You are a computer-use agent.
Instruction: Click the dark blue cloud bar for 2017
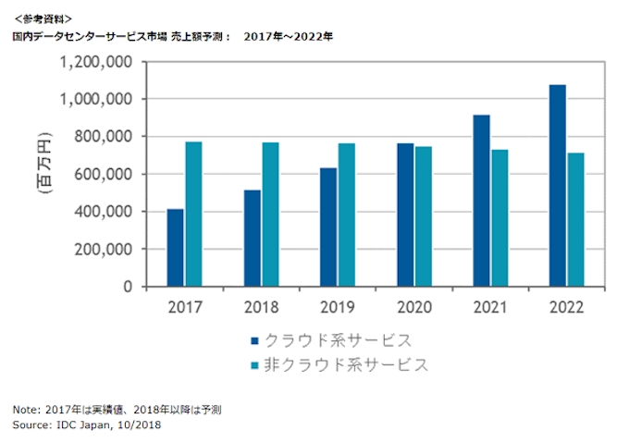point(175,248)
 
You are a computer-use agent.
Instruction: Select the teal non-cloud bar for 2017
point(193,214)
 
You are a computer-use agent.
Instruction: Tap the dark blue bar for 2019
point(327,227)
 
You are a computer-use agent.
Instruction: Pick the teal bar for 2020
point(423,216)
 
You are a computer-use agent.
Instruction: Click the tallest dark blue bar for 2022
point(556,185)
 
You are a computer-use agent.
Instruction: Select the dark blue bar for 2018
point(251,238)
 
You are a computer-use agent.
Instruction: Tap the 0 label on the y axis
point(127,287)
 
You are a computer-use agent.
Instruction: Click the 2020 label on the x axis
point(413,307)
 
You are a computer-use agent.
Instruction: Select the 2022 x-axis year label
point(565,307)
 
